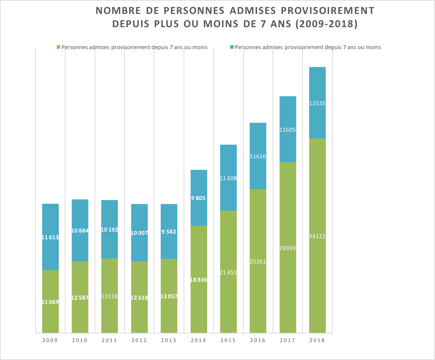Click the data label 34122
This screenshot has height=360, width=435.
click(x=317, y=236)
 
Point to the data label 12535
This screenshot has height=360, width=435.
click(x=317, y=103)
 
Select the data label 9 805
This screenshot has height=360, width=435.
click(x=199, y=198)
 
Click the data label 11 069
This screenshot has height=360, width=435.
click(x=50, y=302)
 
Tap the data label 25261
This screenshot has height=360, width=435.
click(x=258, y=261)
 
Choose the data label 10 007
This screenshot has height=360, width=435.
click(x=139, y=233)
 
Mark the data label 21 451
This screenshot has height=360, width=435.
click(x=228, y=272)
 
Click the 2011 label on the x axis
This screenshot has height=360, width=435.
click(x=110, y=340)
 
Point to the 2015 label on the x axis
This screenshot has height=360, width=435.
click(x=228, y=340)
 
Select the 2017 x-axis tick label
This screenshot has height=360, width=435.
click(x=288, y=340)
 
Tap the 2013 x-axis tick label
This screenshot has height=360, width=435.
click(x=169, y=340)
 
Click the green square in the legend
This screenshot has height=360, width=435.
click(x=59, y=47)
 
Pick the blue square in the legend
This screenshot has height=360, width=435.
click(x=232, y=47)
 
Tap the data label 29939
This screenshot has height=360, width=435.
click(x=288, y=248)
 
